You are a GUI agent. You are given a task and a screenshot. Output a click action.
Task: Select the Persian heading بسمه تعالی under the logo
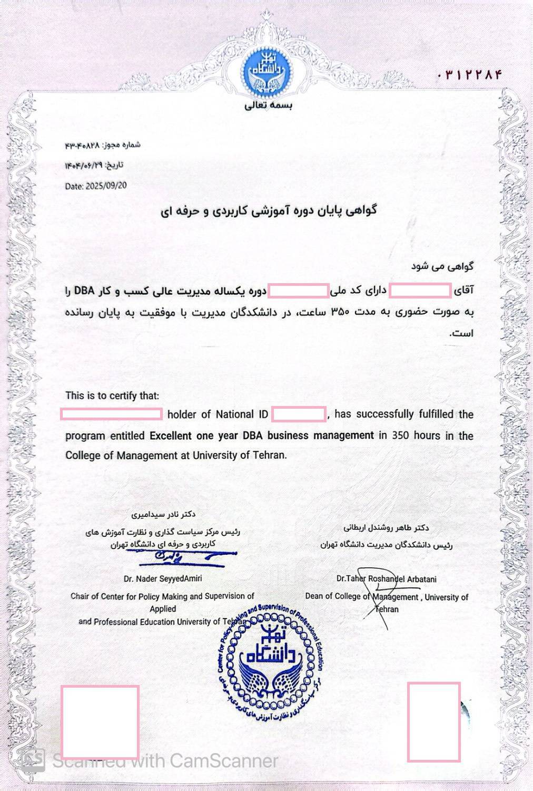pyautogui.click(x=268, y=105)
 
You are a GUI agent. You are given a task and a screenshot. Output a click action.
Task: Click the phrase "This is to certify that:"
pyautogui.click(x=112, y=395)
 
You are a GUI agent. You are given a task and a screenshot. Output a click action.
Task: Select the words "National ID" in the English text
pyautogui.click(x=242, y=414)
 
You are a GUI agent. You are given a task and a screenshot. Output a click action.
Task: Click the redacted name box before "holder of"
pyautogui.click(x=111, y=414)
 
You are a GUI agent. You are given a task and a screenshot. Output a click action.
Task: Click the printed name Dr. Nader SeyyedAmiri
pyautogui.click(x=163, y=578)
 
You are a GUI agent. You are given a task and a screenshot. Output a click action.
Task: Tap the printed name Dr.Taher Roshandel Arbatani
pyautogui.click(x=386, y=578)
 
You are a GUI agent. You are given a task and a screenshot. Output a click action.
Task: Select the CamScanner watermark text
pyautogui.click(x=164, y=761)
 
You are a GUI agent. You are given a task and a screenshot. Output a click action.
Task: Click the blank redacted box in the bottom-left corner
pyautogui.click(x=100, y=721)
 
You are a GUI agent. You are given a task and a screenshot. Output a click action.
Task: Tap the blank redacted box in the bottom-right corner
pyautogui.click(x=433, y=721)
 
